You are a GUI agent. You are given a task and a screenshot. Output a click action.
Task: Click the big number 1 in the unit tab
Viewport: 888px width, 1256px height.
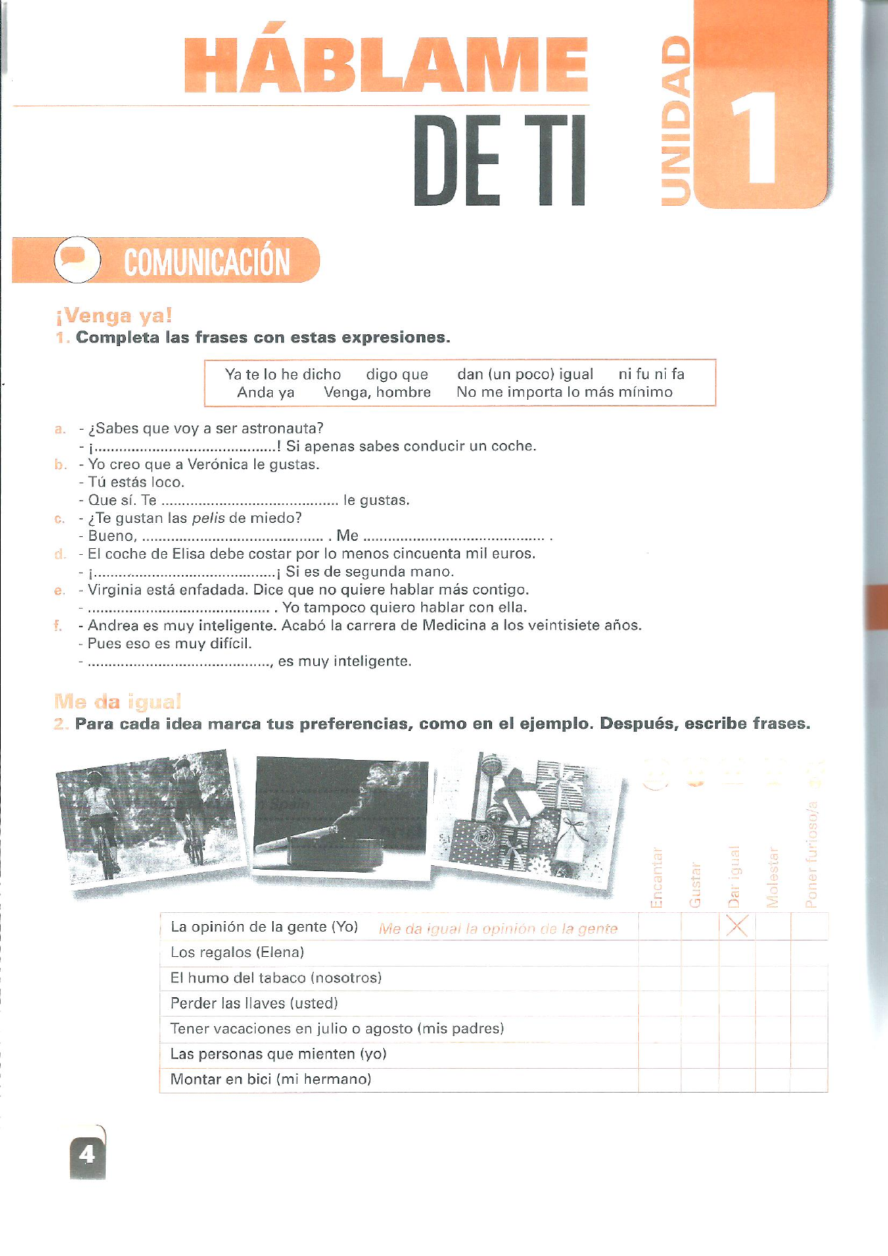[x=754, y=137]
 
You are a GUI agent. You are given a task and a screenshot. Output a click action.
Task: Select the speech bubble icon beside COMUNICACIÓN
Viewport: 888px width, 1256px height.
[x=77, y=259]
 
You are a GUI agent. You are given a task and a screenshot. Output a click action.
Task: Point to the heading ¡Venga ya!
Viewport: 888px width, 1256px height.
[x=114, y=316]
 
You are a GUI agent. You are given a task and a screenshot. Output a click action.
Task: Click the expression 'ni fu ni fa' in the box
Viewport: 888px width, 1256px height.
[x=651, y=374]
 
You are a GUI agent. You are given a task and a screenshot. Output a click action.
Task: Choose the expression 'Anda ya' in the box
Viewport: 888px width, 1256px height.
[x=265, y=392]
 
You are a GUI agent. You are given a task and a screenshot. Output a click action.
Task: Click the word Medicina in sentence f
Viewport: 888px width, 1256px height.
[x=454, y=625]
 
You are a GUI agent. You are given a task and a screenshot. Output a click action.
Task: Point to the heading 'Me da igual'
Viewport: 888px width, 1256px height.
[x=117, y=702]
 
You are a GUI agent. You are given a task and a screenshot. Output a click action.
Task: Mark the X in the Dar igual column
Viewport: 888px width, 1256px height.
[x=737, y=927]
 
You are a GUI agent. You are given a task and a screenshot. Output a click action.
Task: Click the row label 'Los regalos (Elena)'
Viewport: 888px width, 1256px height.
[x=237, y=952]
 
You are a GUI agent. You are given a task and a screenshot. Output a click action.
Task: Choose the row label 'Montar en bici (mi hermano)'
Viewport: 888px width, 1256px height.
[x=271, y=1079]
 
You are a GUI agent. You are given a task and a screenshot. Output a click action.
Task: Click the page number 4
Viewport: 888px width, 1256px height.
[x=87, y=1155]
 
